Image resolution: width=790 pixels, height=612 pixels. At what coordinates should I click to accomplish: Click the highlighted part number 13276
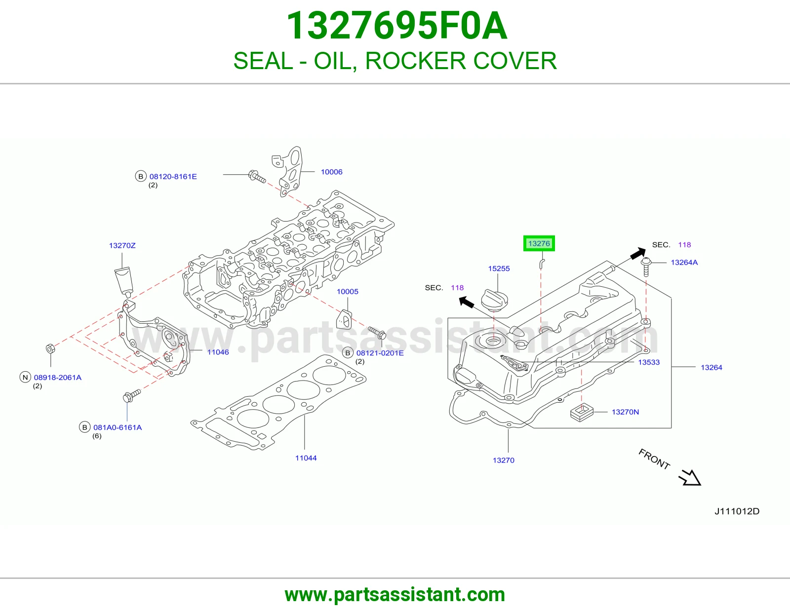point(539,243)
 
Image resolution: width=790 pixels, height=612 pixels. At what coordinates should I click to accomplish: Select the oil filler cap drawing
point(494,300)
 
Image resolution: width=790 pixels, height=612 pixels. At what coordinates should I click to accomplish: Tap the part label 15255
point(499,268)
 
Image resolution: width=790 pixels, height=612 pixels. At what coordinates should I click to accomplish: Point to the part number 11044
point(306,458)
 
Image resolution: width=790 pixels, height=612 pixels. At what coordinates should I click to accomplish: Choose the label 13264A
point(684,263)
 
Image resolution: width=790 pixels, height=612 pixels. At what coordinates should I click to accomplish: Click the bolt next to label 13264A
point(646,267)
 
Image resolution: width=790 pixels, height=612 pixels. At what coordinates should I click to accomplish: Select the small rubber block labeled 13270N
point(582,412)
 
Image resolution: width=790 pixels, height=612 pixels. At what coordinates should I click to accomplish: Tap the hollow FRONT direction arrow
point(690,478)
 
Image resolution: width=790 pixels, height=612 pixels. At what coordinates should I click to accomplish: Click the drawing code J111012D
point(737,511)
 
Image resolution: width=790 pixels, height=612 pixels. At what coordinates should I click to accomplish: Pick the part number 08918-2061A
point(57,377)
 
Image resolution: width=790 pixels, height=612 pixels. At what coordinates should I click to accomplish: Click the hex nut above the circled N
point(50,348)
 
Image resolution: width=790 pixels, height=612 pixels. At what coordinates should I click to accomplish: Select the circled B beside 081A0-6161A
point(85,427)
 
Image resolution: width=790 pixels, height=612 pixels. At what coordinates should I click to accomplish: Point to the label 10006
point(332,172)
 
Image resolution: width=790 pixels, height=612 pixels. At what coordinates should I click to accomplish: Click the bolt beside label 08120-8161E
point(257,177)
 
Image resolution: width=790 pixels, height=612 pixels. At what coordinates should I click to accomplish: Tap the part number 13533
point(649,362)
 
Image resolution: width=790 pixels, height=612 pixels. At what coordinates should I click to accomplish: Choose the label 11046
point(218,352)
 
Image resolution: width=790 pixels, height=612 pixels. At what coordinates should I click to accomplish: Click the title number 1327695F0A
point(396,26)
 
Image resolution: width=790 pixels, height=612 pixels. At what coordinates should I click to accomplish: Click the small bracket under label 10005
point(344,319)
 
